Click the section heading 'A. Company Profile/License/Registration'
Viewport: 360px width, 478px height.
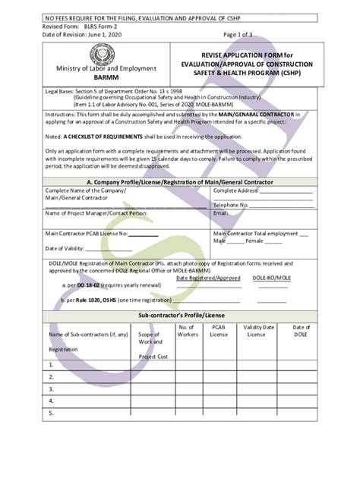[x=180, y=182]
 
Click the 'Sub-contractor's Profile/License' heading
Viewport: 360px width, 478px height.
[x=180, y=314]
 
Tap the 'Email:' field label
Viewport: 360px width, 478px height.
[x=221, y=213]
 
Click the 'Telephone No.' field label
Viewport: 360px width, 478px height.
[x=232, y=205]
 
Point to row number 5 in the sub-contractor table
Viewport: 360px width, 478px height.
[x=51, y=414]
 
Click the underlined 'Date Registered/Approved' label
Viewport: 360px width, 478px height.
[x=208, y=278]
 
